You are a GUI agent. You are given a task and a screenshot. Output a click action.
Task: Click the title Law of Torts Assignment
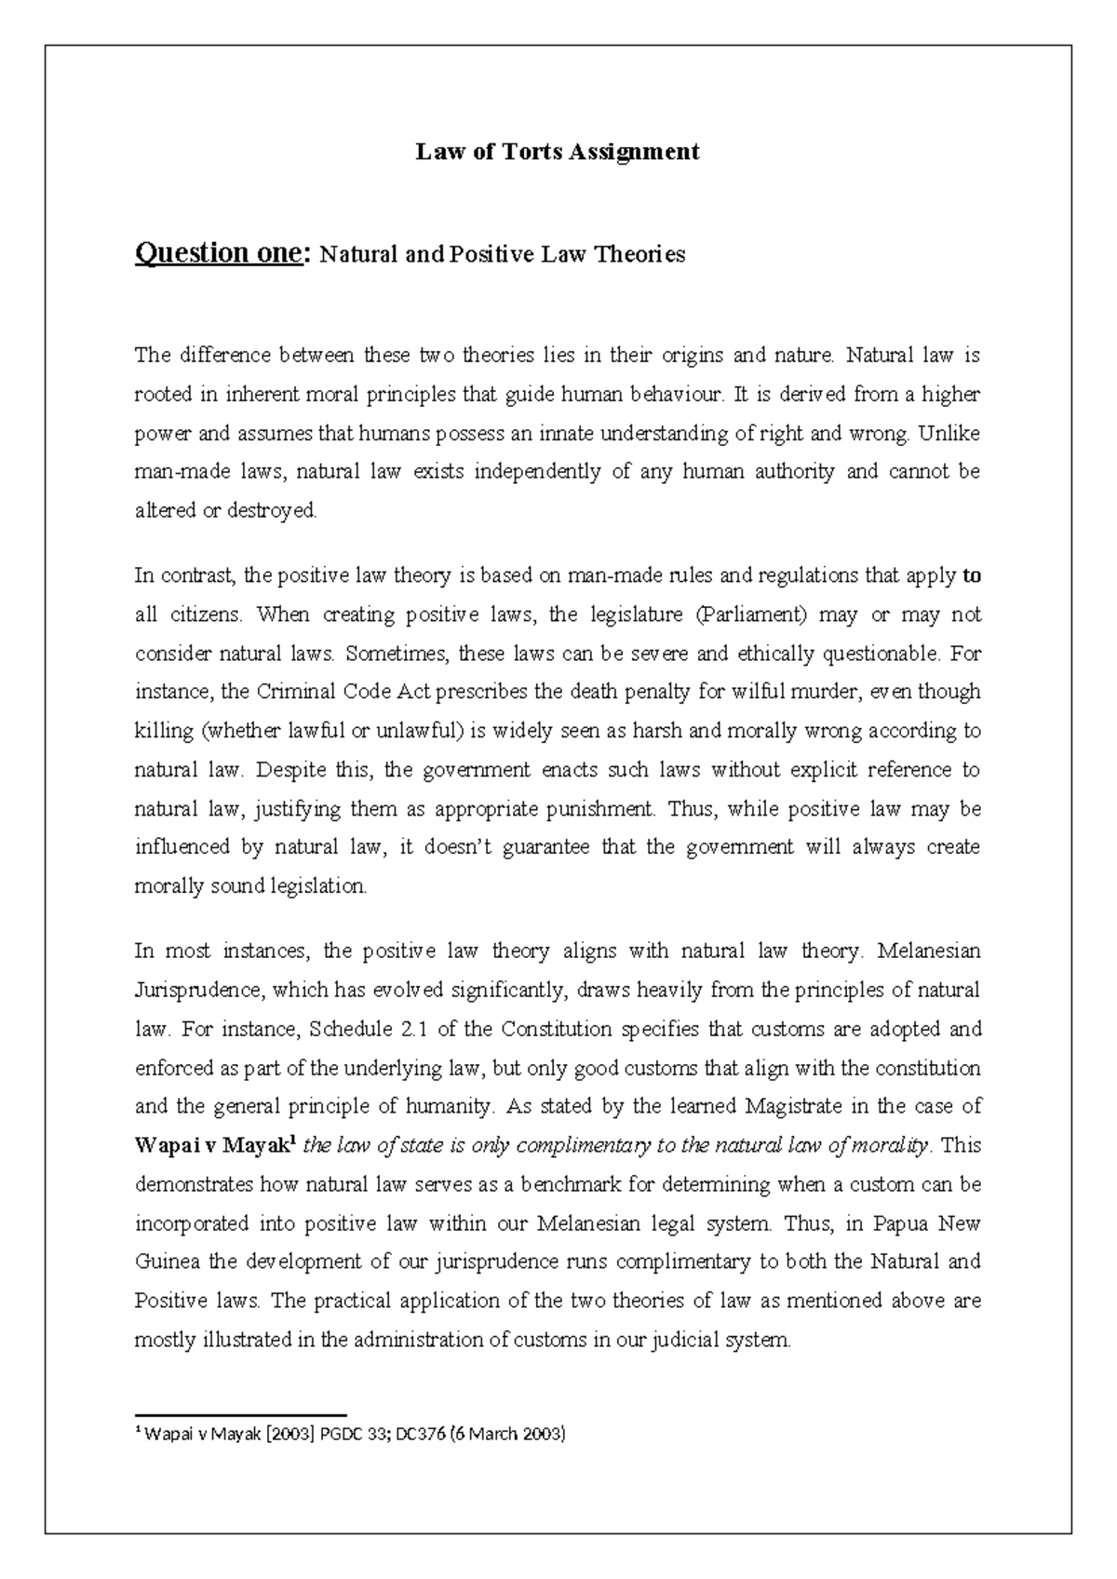click(557, 152)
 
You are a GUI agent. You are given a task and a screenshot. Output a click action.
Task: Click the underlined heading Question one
click(219, 253)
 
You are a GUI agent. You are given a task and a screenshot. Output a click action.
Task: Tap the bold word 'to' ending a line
click(971, 575)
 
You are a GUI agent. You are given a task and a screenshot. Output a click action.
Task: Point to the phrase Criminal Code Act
click(343, 692)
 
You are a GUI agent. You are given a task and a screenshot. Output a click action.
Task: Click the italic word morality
click(894, 1145)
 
